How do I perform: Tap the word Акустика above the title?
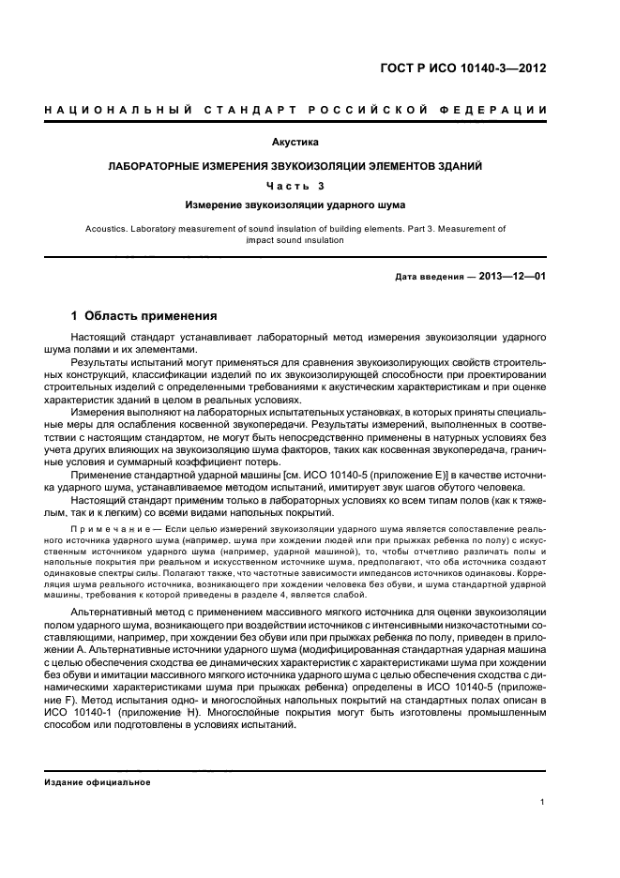point(295,143)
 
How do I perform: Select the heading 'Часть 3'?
point(295,185)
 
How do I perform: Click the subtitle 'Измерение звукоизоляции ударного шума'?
point(295,204)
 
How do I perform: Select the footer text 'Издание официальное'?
point(98,781)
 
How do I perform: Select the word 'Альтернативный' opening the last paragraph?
point(117,613)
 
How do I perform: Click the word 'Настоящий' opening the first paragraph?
point(101,336)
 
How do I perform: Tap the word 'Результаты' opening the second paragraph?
point(103,361)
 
